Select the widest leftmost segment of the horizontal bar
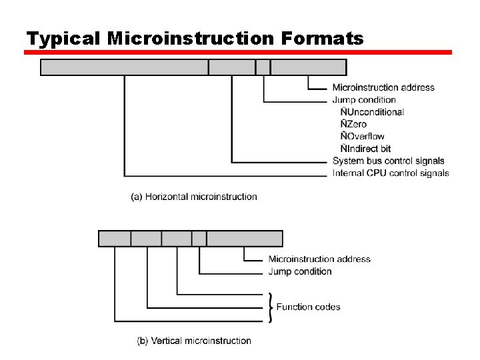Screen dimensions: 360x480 coord(125,67)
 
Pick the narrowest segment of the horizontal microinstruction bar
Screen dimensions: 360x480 coord(263,67)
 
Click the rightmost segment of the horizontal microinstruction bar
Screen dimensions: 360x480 coord(309,67)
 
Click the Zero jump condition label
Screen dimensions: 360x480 coord(353,124)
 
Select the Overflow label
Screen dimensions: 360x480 coord(363,136)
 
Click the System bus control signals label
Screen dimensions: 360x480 coord(388,161)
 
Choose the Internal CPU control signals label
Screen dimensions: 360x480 coord(391,173)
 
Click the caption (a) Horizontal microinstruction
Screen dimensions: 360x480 coord(193,197)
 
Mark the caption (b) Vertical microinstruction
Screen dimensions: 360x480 coord(194,341)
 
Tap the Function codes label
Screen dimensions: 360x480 coord(308,307)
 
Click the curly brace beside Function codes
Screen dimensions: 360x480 coord(269,307)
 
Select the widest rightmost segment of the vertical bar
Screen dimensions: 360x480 coord(245,239)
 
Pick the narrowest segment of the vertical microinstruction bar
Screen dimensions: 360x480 coord(199,239)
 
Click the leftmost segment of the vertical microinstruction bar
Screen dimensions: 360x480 coord(115,239)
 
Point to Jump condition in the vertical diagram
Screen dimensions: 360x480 coord(300,271)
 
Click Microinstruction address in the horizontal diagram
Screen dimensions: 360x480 coord(383,87)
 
